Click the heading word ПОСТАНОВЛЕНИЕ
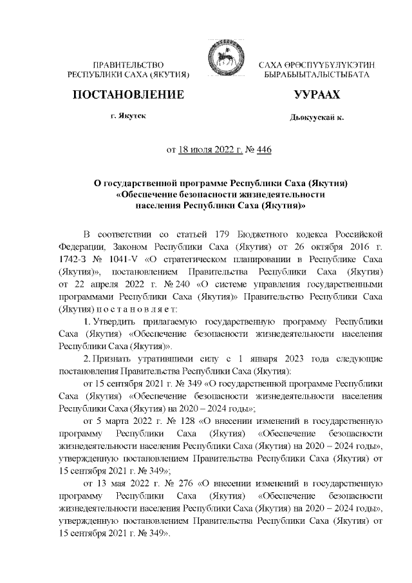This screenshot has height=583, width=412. click(128, 95)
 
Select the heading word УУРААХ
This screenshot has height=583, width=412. click(316, 95)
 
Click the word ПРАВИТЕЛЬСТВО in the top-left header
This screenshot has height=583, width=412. click(128, 65)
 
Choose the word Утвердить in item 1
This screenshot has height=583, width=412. click(116, 321)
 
